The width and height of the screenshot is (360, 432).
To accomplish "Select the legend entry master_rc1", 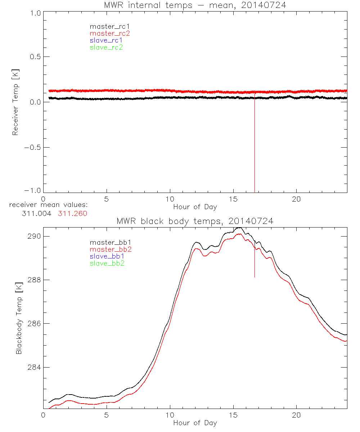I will [106, 26].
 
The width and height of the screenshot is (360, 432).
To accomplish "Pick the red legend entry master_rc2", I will [110, 33].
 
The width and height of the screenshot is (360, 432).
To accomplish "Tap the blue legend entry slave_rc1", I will [106, 40].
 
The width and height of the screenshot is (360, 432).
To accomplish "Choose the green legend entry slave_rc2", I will [106, 47].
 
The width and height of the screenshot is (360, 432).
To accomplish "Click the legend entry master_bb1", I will [108, 242].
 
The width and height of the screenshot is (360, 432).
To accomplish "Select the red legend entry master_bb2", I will [108, 249].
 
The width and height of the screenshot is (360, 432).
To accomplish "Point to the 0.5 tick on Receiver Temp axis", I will [34, 57].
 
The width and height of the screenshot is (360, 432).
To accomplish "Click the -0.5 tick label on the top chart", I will [32, 148].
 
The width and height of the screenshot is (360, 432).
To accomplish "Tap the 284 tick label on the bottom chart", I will [33, 368].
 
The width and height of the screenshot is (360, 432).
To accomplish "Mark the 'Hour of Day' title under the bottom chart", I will [195, 423].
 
